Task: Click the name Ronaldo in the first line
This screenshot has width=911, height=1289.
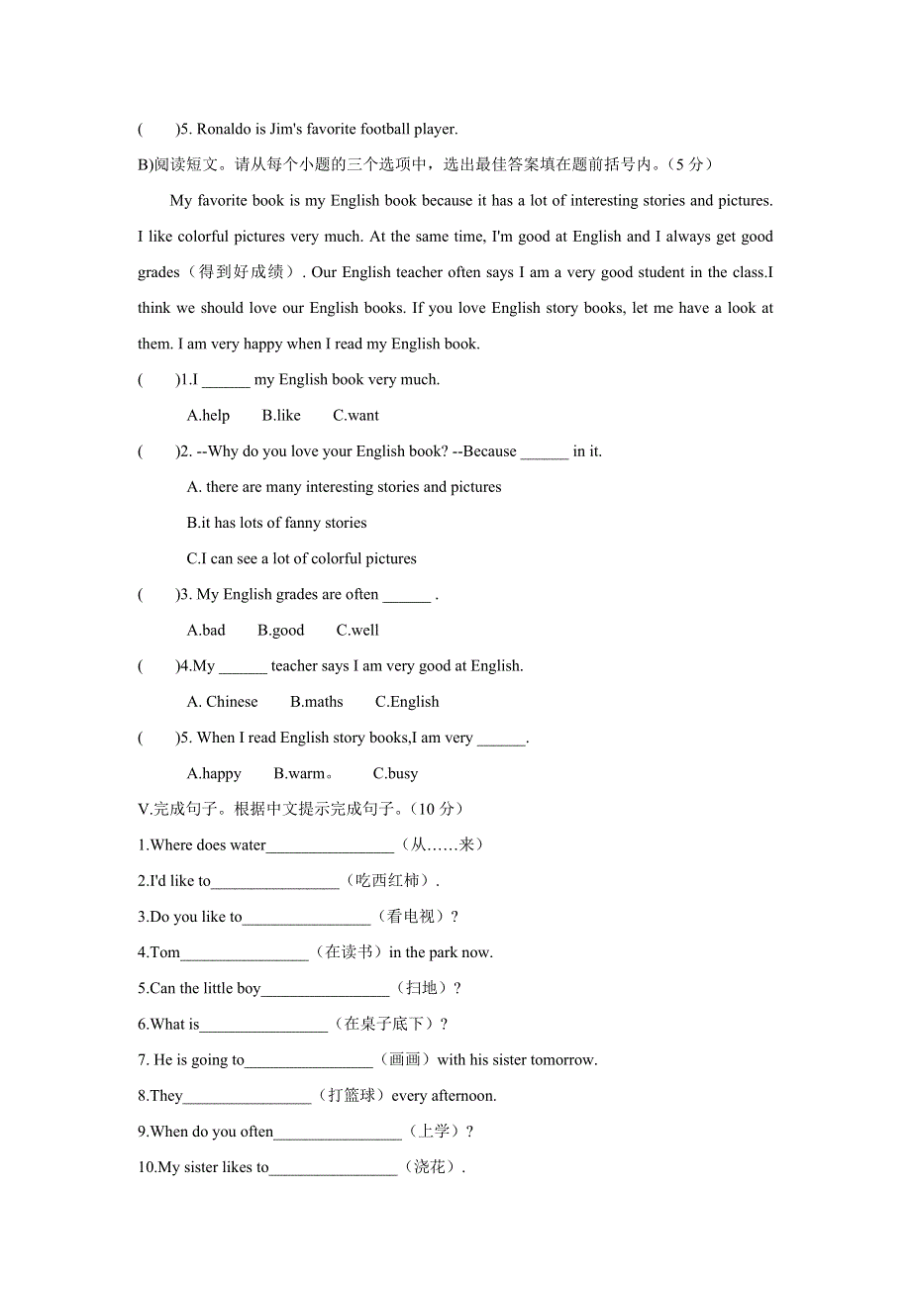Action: tap(225, 129)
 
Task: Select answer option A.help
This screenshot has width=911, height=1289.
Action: tap(208, 416)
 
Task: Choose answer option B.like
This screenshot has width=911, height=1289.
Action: tap(281, 416)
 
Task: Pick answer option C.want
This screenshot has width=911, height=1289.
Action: tap(355, 416)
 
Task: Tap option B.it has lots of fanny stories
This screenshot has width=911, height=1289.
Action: tap(276, 523)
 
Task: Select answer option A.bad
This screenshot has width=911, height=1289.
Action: tap(206, 631)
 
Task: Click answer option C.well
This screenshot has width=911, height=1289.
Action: tap(357, 631)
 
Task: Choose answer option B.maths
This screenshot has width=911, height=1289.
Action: tap(316, 702)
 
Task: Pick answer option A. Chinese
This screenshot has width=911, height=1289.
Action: tap(222, 702)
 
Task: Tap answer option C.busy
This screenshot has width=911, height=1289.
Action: tap(395, 774)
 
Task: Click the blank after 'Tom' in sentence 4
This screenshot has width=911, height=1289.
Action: tap(245, 953)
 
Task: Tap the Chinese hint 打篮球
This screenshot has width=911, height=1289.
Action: tap(351, 1096)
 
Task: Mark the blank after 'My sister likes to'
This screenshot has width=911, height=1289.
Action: tap(333, 1168)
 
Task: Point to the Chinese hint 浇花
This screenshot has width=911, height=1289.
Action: tap(430, 1168)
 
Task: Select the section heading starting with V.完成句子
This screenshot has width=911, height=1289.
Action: tap(301, 809)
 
